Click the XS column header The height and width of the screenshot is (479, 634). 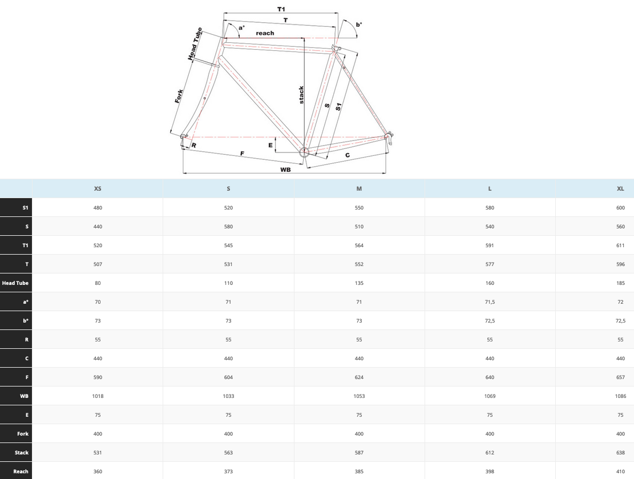[98, 188]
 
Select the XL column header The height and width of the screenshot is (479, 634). [620, 188]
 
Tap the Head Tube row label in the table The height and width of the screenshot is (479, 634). [15, 283]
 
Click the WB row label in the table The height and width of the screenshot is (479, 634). [25, 396]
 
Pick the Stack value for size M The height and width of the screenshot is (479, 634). [359, 453]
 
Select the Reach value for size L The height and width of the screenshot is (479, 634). [490, 472]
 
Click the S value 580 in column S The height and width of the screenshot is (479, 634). [228, 227]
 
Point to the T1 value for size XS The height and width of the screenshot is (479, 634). [98, 245]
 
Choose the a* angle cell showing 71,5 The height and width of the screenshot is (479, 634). [490, 302]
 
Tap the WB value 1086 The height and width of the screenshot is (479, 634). [620, 396]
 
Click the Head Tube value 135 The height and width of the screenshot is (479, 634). [359, 283]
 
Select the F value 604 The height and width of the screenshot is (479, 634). [228, 377]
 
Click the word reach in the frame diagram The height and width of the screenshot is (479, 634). [265, 33]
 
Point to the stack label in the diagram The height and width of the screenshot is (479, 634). [301, 95]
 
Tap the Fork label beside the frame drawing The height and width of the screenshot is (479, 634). [179, 96]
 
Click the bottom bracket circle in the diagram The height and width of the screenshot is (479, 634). [304, 152]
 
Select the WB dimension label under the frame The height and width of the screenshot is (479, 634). [285, 170]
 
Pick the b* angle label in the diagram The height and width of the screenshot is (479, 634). [358, 25]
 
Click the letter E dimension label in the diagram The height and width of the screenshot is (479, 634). [270, 145]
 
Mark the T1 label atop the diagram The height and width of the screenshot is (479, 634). [281, 9]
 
